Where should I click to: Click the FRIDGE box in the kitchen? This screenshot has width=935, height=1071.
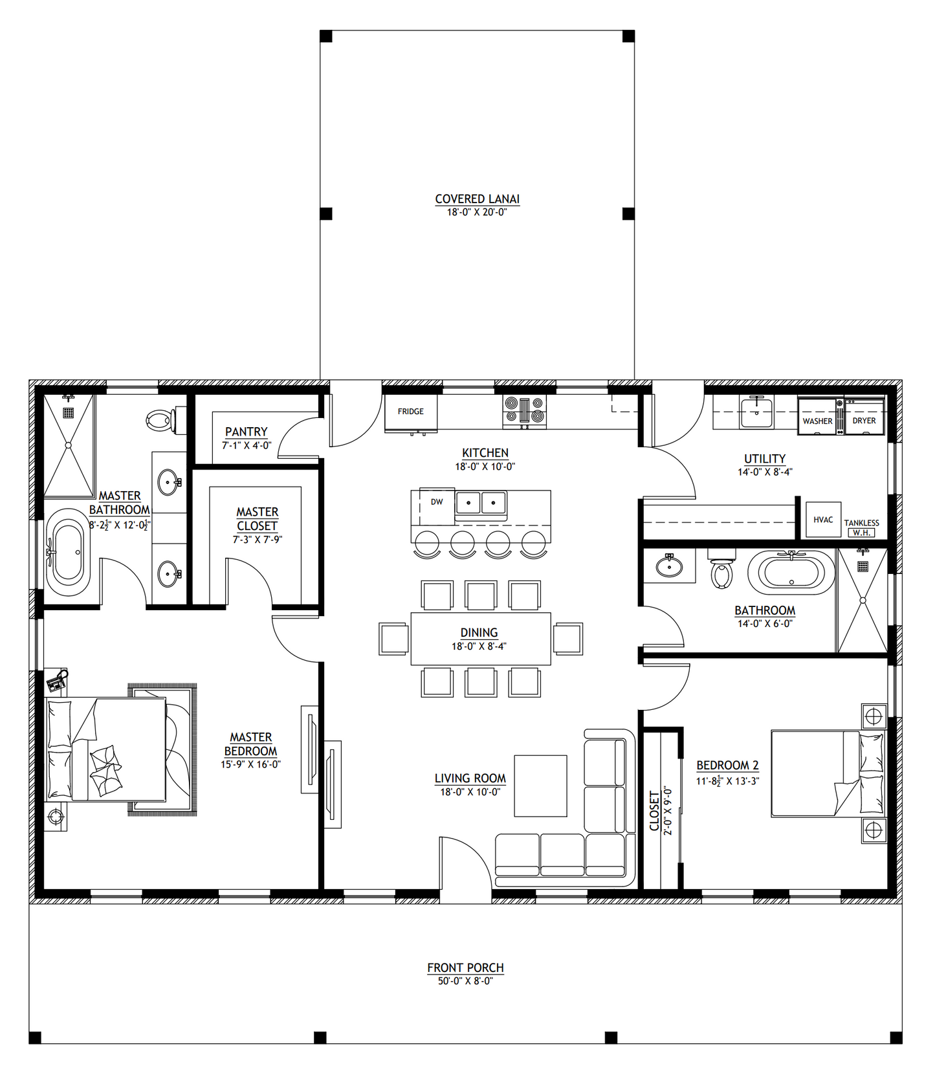[411, 412]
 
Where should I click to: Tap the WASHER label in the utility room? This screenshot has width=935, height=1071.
[817, 421]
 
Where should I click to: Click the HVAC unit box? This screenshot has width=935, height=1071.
[823, 520]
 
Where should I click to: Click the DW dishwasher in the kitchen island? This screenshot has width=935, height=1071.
[437, 502]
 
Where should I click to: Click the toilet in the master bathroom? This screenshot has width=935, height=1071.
[160, 420]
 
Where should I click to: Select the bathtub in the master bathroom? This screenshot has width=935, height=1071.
[68, 552]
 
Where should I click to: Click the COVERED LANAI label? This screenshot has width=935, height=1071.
[477, 199]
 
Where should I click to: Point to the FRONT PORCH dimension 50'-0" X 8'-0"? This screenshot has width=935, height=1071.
[465, 980]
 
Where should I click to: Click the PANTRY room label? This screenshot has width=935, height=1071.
[246, 432]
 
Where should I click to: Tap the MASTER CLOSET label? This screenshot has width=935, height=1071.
[257, 519]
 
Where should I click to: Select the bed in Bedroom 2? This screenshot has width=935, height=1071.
[827, 773]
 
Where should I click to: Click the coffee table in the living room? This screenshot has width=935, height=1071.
[540, 786]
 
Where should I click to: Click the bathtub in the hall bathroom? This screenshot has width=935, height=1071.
[791, 572]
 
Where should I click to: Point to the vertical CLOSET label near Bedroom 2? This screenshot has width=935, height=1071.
[654, 811]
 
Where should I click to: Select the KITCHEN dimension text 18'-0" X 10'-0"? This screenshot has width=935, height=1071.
[485, 467]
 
